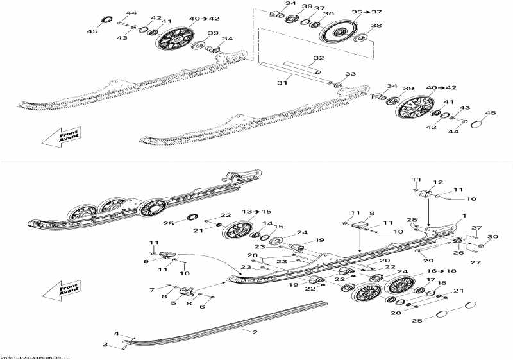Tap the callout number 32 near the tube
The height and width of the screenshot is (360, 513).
click(319, 58)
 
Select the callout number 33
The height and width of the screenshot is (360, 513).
click(350, 74)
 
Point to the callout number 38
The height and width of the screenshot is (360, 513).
click(376, 26)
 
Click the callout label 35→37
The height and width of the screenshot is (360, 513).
click(367, 12)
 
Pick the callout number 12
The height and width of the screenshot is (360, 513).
click(439, 183)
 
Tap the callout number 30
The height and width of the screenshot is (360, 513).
click(492, 237)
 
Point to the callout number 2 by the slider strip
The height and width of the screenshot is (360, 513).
click(255, 332)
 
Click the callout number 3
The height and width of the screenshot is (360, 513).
click(105, 345)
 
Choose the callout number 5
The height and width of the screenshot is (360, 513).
click(173, 302)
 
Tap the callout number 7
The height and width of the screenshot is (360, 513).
click(152, 290)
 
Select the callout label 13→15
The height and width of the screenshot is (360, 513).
click(239, 211)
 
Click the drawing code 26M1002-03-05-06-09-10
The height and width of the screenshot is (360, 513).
click(35, 357)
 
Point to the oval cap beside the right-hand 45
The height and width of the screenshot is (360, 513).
click(478, 123)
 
